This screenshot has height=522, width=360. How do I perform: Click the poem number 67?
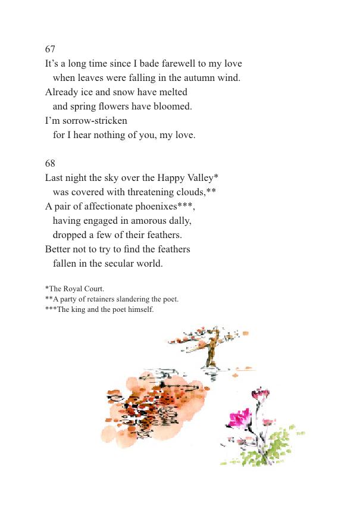(50, 49)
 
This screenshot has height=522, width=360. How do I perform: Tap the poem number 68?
(50, 163)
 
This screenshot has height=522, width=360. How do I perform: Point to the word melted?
(172, 92)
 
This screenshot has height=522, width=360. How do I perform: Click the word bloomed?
(173, 107)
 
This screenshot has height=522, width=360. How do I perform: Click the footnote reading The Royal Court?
(74, 289)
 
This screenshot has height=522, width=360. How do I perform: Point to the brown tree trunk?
(210, 355)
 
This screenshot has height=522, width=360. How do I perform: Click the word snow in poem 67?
(122, 92)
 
